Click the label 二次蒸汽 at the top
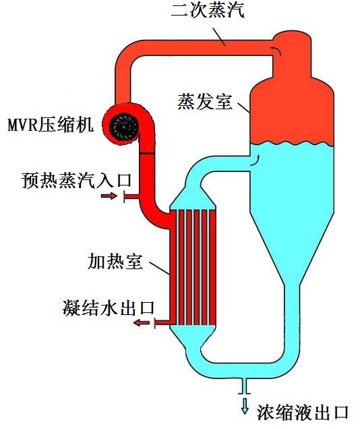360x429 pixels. [208, 10]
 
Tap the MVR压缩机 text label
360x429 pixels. [51, 125]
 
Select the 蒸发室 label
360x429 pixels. [205, 101]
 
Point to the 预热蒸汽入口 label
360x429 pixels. [77, 180]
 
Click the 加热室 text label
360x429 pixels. [115, 262]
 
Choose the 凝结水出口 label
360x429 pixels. [109, 308]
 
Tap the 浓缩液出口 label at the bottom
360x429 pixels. [302, 412]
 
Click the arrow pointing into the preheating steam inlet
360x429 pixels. [109, 196]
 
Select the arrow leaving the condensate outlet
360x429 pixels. [142, 323]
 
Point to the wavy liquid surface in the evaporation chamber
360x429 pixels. [292, 144]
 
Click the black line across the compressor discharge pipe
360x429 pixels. [147, 154]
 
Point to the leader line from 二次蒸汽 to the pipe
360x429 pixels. [219, 36]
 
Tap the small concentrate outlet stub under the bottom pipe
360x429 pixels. [245, 387]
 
